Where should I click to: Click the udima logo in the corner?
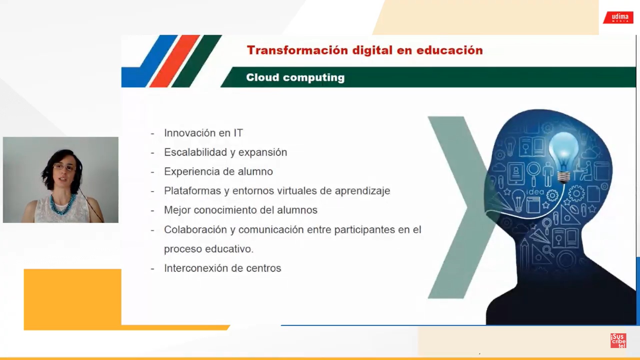[619, 18]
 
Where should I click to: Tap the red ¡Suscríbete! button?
[618, 341]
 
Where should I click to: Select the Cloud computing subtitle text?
[295, 77]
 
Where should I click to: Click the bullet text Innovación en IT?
[203, 133]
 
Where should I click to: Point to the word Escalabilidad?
[195, 152]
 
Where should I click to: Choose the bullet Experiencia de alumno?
[218, 172]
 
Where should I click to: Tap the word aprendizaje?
[362, 191]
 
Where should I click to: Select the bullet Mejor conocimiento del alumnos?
[241, 210]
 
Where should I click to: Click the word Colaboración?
[195, 229]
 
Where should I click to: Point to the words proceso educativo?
[209, 249]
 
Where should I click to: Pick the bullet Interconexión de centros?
[223, 268]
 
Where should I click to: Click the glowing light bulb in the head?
[564, 157]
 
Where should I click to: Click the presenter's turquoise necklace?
[62, 204]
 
